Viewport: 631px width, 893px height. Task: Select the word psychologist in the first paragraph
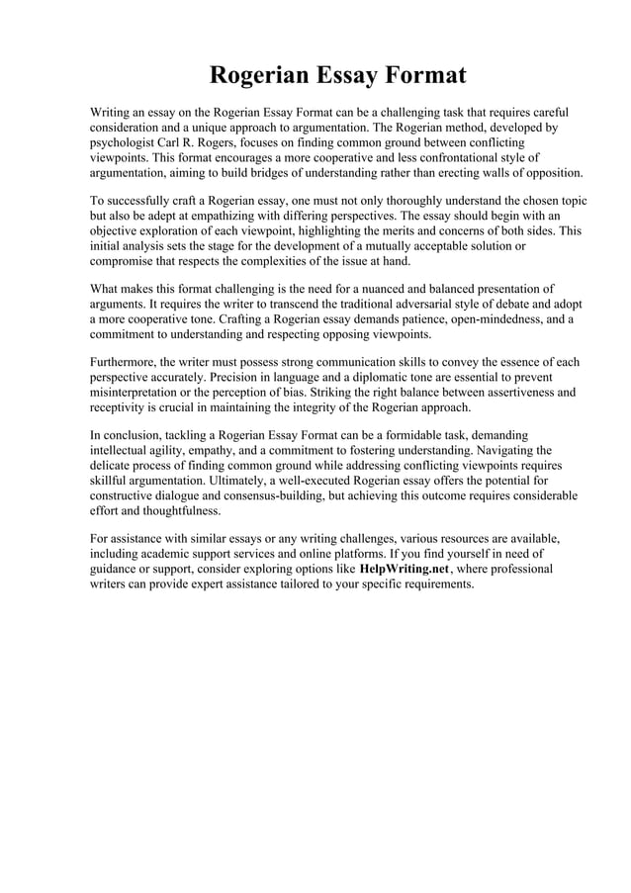[x=123, y=142]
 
